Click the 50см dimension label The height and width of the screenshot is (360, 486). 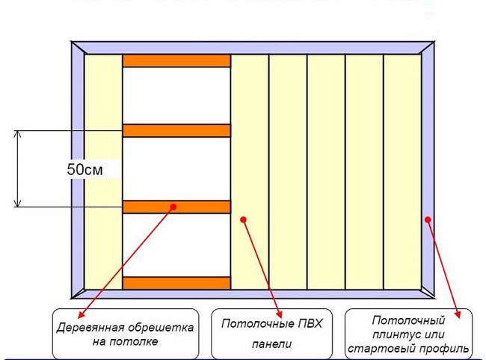[x=84, y=170]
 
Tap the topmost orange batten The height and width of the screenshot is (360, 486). [x=176, y=61]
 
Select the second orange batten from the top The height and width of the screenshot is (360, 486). [x=176, y=130]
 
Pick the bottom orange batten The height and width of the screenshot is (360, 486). [x=176, y=283]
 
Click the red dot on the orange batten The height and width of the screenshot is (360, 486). [x=173, y=206]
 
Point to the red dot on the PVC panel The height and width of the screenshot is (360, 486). [x=243, y=219]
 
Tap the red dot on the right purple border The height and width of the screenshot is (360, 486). [x=428, y=219]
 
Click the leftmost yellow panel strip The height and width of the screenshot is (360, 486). [x=103, y=172]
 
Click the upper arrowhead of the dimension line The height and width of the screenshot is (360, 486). [x=19, y=135]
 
